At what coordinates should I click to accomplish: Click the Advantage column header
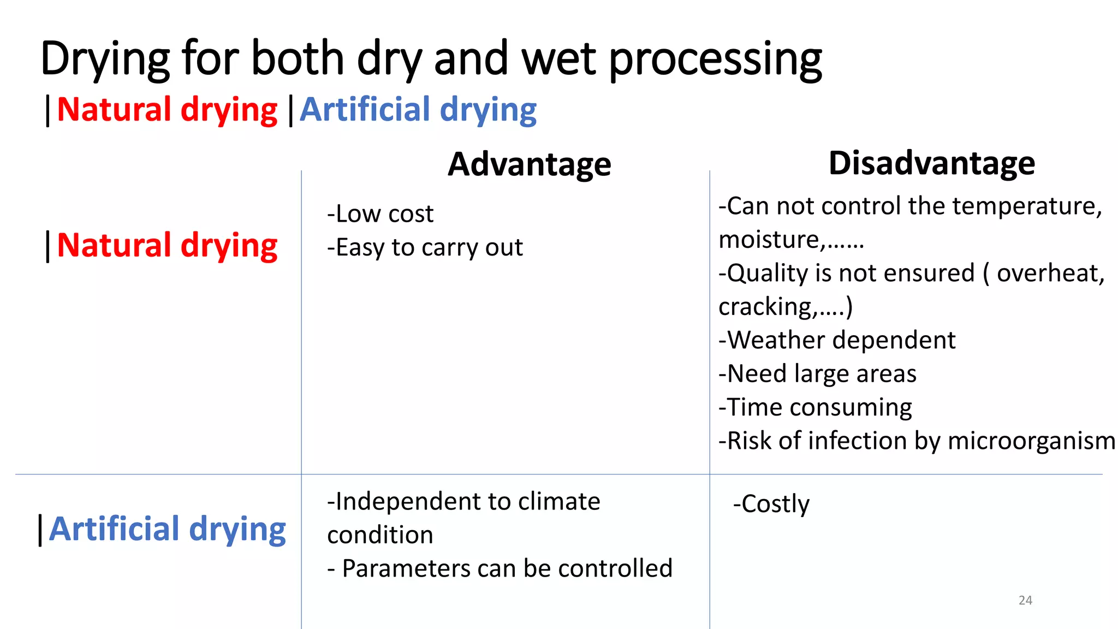(x=529, y=164)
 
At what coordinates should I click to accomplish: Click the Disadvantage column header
(x=931, y=163)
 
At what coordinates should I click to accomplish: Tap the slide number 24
(x=1025, y=600)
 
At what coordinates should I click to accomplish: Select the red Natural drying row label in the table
(x=166, y=246)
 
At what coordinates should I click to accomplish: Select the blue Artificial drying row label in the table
(x=167, y=529)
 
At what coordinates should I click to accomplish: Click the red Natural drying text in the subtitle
(x=166, y=110)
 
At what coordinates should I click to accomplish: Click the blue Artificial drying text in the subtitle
(x=418, y=110)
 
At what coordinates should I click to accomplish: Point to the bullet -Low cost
(x=380, y=213)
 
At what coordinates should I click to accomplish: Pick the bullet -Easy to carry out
(x=425, y=247)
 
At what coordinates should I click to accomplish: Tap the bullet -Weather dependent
(x=837, y=340)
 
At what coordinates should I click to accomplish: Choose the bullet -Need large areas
(x=817, y=374)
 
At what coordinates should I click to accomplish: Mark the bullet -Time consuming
(x=815, y=407)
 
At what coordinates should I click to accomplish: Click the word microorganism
(x=1031, y=441)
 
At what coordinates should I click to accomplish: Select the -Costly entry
(x=771, y=504)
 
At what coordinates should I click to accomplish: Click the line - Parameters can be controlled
(x=499, y=568)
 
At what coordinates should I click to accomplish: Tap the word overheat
(x=1050, y=273)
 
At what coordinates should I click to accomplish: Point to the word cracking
(x=768, y=307)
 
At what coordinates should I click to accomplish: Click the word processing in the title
(x=715, y=59)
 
